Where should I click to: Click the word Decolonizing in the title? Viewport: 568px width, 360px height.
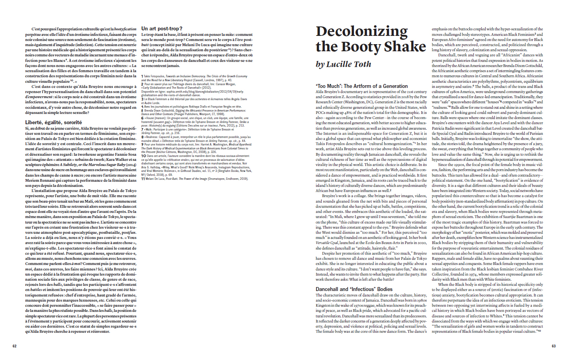361,32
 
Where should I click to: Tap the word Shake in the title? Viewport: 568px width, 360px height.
405,47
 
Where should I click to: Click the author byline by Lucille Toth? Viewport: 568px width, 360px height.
343,64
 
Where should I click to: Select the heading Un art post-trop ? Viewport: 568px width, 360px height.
162,28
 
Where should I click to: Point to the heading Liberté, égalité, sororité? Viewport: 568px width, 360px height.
54,122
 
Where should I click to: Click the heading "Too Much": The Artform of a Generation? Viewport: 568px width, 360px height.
361,86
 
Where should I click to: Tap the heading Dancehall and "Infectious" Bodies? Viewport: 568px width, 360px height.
354,289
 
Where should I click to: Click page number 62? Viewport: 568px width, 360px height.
15,346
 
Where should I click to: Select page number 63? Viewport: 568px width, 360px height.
553,346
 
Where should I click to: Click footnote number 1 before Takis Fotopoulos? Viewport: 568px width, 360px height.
142,76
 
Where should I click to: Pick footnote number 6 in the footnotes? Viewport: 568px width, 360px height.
143,118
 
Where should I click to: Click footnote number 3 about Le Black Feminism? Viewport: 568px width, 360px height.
143,99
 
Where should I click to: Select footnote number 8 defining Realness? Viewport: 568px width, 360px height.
143,137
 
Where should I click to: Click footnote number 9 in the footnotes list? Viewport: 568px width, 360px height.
143,144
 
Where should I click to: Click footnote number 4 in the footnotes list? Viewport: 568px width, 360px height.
143,106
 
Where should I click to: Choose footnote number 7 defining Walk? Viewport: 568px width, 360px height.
143,129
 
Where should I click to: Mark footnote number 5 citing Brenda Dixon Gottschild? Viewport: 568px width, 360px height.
143,111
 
